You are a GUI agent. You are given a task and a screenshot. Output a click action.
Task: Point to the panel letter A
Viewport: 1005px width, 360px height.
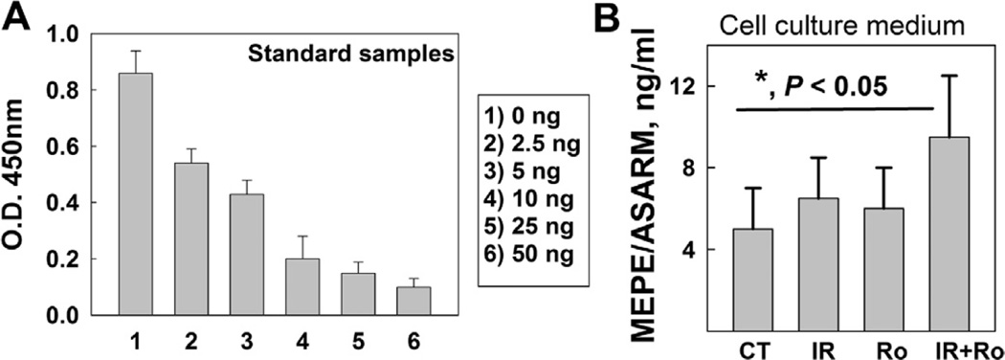[x=14, y=17]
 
